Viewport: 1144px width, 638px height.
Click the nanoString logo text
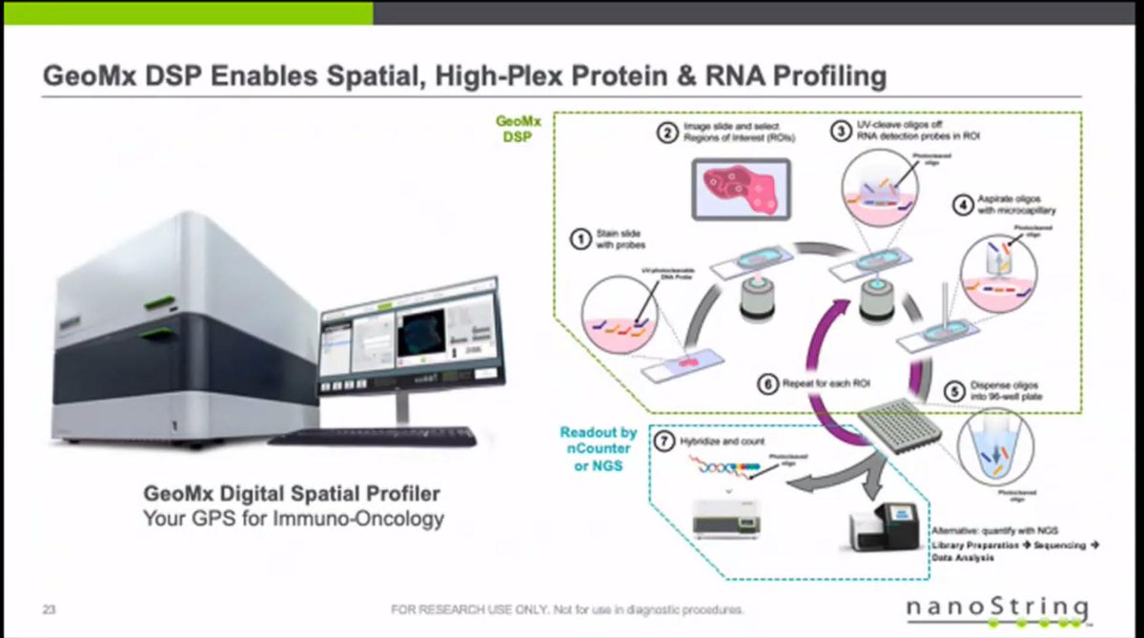pyautogui.click(x=995, y=607)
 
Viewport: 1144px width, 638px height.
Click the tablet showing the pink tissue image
pyautogui.click(x=740, y=185)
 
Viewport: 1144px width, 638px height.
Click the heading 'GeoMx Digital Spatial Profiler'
pyautogui.click(x=293, y=495)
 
